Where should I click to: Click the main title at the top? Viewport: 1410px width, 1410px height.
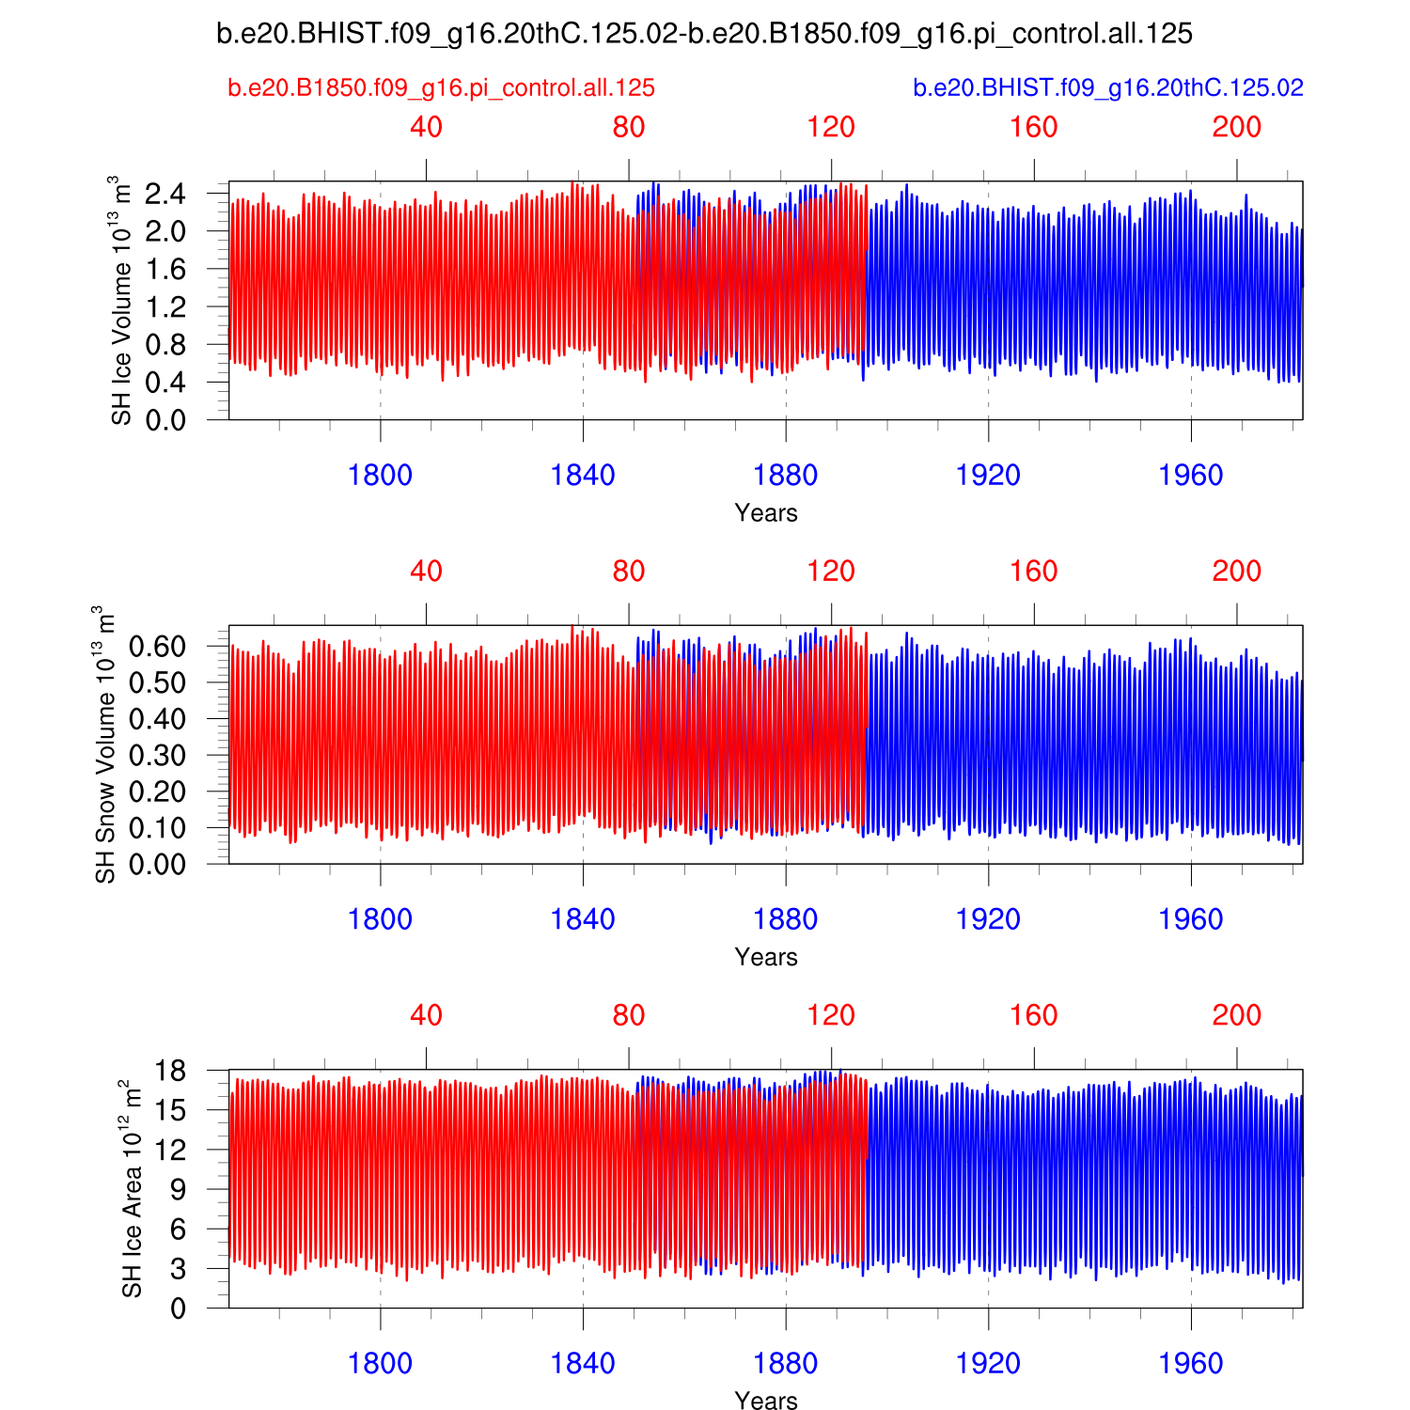pyautogui.click(x=704, y=34)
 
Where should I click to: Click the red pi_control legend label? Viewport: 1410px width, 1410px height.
pyautogui.click(x=441, y=88)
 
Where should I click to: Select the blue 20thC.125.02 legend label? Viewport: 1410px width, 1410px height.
pyautogui.click(x=1108, y=88)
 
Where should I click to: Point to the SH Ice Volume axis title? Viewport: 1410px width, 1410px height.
pyautogui.click(x=121, y=300)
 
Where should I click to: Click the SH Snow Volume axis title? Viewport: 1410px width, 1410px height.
pyautogui.click(x=105, y=744)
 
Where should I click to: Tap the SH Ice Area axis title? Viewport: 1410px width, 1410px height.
pyautogui.click(x=133, y=1189)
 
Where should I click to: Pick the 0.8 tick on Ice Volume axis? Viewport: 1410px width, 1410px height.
pyautogui.click(x=165, y=345)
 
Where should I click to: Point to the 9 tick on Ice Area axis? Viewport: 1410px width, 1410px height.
pyautogui.click(x=179, y=1189)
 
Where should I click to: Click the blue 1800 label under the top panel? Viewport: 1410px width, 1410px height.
pyautogui.click(x=380, y=476)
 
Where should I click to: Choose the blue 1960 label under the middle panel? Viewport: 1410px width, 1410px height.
pyautogui.click(x=1191, y=919)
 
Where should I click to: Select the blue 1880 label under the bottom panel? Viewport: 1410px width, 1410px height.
pyautogui.click(x=786, y=1363)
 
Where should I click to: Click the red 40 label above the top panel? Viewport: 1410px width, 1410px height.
pyautogui.click(x=426, y=127)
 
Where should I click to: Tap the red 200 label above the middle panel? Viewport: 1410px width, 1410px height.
pyautogui.click(x=1236, y=572)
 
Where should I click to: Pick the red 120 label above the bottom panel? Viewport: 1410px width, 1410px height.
pyautogui.click(x=831, y=1015)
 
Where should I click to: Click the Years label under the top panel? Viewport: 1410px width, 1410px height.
pyautogui.click(x=766, y=513)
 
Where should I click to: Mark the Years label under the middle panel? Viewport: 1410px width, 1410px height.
pyautogui.click(x=766, y=957)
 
